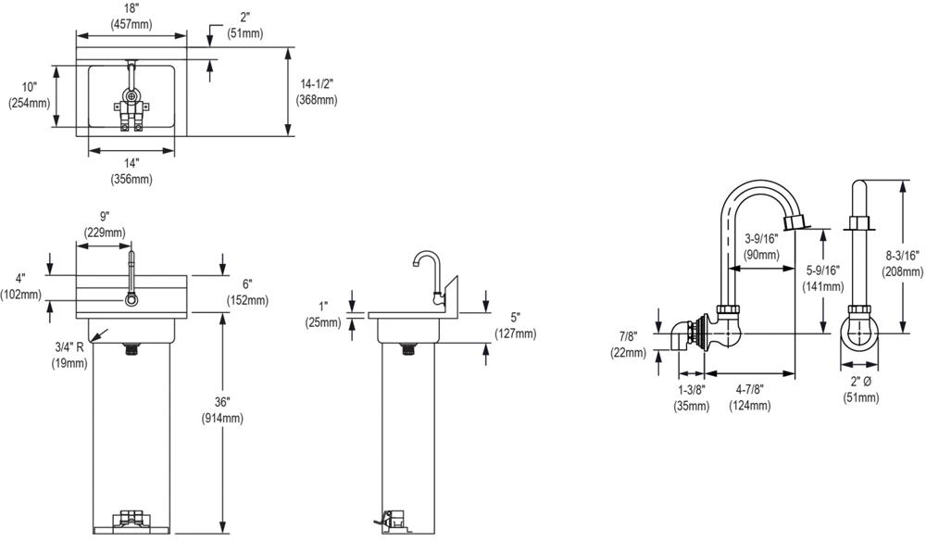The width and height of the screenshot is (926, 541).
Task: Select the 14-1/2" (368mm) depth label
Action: pyautogui.click(x=316, y=92)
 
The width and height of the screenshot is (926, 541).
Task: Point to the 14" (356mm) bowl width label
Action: pyautogui.click(x=131, y=171)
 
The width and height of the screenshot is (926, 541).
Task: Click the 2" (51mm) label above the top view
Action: pyautogui.click(x=244, y=26)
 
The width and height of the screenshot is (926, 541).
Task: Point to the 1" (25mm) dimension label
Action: pyautogui.click(x=323, y=315)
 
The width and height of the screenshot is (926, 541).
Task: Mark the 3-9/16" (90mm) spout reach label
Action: pyautogui.click(x=762, y=246)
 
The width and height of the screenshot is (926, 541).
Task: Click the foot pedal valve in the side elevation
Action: pyautogui.click(x=395, y=519)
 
